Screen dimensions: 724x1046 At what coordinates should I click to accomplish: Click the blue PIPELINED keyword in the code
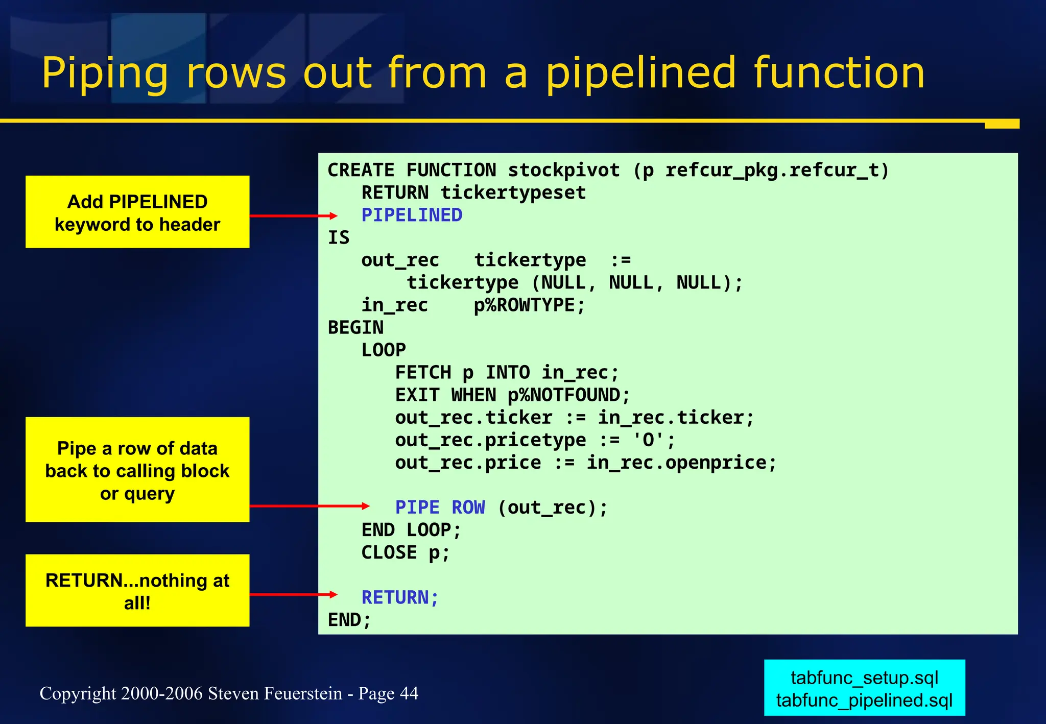(x=412, y=215)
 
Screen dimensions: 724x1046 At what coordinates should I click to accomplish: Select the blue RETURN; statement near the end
(x=400, y=597)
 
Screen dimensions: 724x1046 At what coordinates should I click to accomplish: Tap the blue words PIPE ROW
(x=440, y=508)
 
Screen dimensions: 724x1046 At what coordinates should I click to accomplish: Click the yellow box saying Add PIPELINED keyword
(x=137, y=212)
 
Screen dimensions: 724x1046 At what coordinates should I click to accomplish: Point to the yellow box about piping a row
(x=137, y=470)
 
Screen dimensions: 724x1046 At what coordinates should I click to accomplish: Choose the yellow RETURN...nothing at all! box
(x=137, y=591)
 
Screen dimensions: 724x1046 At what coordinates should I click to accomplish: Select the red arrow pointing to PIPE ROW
(x=308, y=506)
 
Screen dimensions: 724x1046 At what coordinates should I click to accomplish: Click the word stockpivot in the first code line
(x=563, y=170)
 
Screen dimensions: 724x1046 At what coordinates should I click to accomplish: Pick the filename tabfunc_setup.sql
(x=864, y=678)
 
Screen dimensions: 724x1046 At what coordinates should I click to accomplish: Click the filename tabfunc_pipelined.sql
(x=864, y=700)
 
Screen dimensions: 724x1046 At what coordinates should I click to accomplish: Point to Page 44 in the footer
(x=388, y=693)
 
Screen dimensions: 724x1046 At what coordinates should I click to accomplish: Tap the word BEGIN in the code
(x=355, y=328)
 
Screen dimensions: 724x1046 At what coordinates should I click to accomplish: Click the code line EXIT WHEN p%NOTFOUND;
(x=512, y=395)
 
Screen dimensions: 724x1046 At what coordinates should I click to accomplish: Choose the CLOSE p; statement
(x=405, y=552)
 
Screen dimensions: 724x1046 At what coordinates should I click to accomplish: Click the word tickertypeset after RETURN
(x=513, y=193)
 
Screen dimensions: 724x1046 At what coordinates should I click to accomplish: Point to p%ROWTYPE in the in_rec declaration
(x=529, y=305)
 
